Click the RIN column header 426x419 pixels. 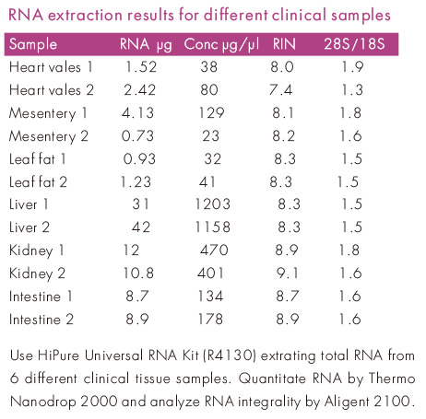tap(284, 44)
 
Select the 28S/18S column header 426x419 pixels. tap(354, 44)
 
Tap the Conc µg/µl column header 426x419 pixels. tap(221, 45)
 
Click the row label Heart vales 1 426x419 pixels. tap(51, 67)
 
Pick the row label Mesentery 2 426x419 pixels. tap(49, 136)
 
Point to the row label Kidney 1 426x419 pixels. tap(37, 250)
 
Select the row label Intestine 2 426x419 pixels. tap(41, 320)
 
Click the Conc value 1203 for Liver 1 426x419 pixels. tap(213, 204)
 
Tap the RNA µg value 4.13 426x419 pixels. tap(137, 112)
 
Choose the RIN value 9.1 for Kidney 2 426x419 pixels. tap(287, 273)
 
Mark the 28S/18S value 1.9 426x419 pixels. tap(353, 66)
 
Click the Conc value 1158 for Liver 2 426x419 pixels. tap(213, 227)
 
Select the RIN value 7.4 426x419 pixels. tap(280, 89)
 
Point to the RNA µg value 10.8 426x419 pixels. tap(138, 273)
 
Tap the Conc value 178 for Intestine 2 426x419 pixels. tap(210, 319)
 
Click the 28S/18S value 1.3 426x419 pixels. tap(352, 89)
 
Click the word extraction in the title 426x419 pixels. tap(86, 15)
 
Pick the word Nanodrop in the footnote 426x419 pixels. tap(42, 402)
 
